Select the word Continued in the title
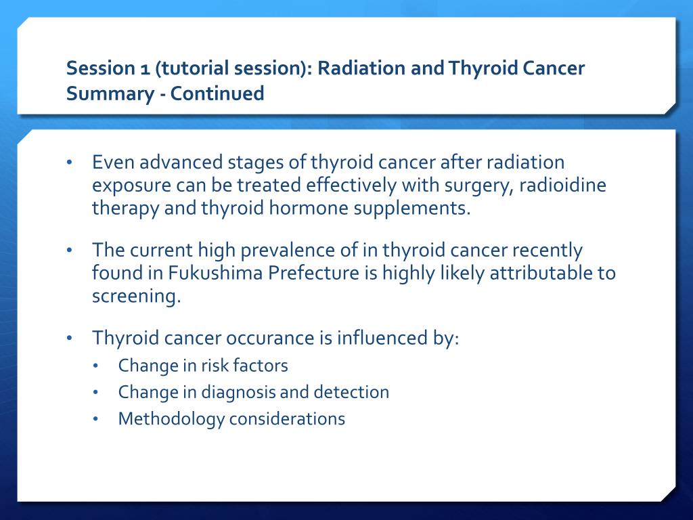click(x=217, y=93)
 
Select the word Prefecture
click(x=313, y=273)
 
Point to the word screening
click(x=136, y=297)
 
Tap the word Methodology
click(x=171, y=419)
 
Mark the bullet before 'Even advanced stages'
click(x=69, y=162)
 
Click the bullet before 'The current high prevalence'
click(x=69, y=251)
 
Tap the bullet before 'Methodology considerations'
click(x=95, y=418)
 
